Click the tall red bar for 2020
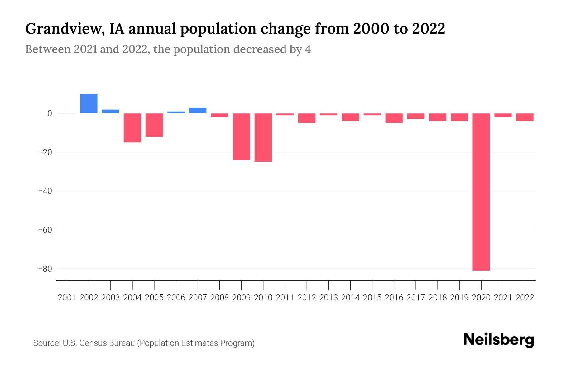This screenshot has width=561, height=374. tap(481, 192)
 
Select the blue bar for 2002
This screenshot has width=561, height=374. tap(89, 103)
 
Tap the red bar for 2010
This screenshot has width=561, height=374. tap(263, 137)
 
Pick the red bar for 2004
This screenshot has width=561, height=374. tap(132, 128)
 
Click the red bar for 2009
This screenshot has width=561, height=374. tap(241, 137)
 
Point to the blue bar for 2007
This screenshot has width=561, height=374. tap(198, 110)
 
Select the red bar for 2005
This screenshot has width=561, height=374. tap(154, 125)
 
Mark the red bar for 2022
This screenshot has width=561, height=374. tap(525, 117)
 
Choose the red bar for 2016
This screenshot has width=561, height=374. tap(394, 118)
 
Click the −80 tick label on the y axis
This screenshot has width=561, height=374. tap(45, 269)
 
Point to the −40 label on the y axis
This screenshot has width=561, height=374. tap(45, 191)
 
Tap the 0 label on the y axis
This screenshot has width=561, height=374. tap(50, 113)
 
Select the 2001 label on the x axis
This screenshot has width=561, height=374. tap(67, 298)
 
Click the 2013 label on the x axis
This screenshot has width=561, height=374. tap(328, 298)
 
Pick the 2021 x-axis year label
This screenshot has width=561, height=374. tap(503, 298)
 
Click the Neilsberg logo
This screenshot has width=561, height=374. tap(499, 340)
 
